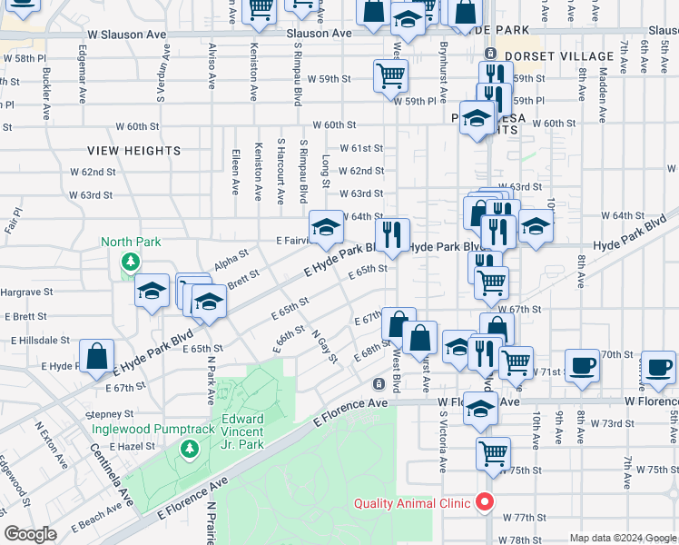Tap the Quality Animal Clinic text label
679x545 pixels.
click(x=412, y=503)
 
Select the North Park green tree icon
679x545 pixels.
click(x=131, y=263)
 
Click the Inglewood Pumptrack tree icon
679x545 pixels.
click(x=189, y=449)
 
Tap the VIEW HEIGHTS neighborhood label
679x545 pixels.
click(x=134, y=150)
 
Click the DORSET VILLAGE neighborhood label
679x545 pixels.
click(x=559, y=56)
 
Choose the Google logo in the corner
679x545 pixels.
click(x=31, y=534)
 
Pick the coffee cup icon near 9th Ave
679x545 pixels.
click(x=582, y=365)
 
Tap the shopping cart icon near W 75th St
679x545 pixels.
click(x=493, y=451)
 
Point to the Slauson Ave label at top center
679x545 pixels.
click(x=319, y=34)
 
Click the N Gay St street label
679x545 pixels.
click(x=324, y=347)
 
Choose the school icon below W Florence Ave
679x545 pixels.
click(x=480, y=411)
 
